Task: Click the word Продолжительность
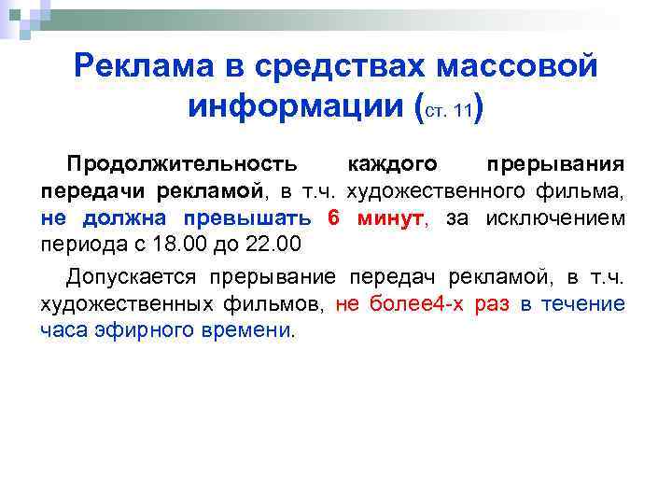click(x=182, y=164)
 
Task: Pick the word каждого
click(x=392, y=164)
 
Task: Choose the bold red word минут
click(x=388, y=219)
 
